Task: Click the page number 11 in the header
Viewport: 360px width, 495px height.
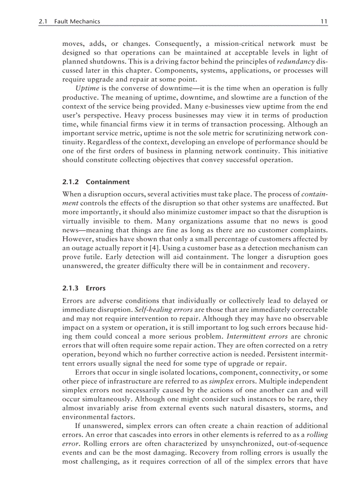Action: click(324, 21)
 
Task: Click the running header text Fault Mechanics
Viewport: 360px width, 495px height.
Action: click(77, 21)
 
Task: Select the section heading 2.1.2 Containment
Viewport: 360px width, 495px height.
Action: click(96, 182)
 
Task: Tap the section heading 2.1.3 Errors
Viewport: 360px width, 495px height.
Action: click(84, 288)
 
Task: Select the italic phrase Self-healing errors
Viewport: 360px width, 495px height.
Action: click(160, 310)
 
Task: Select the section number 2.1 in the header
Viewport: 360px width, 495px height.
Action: click(44, 21)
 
